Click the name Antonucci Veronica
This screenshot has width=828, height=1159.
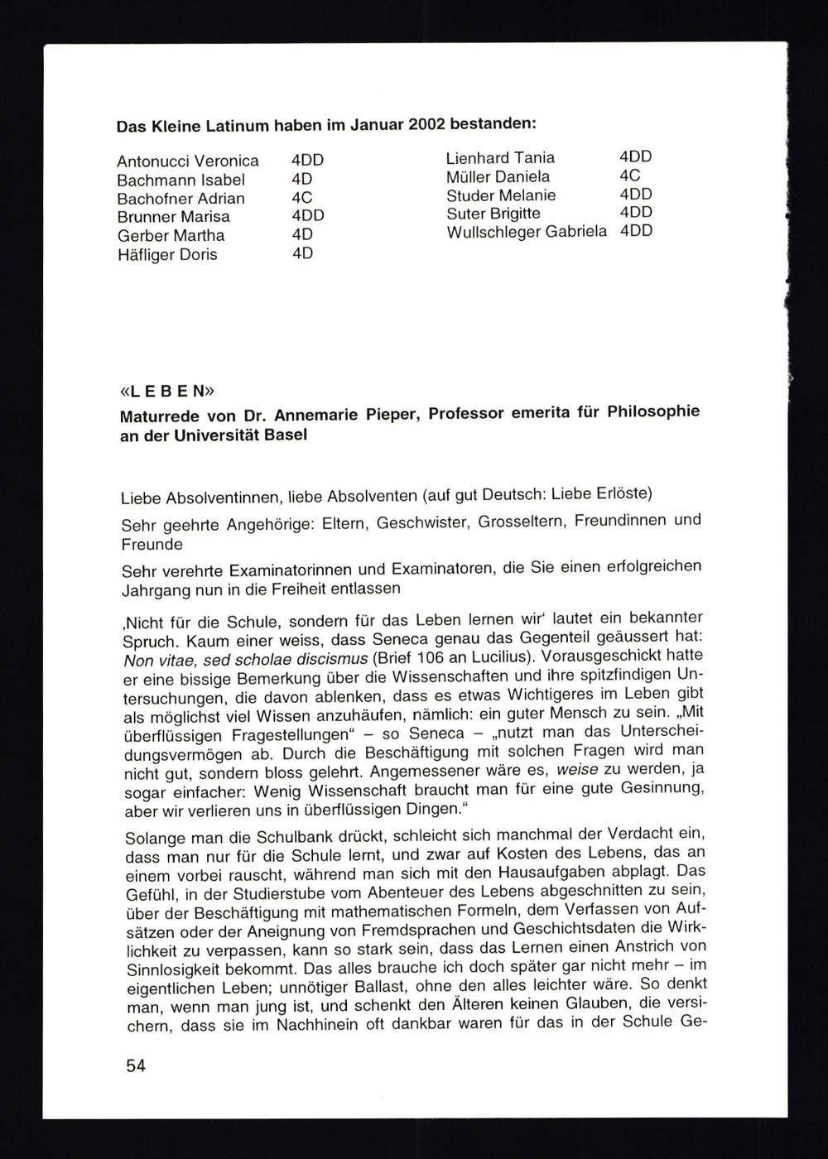(x=188, y=161)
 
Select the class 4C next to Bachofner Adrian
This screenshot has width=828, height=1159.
(x=302, y=199)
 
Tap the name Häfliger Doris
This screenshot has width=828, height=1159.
(x=167, y=255)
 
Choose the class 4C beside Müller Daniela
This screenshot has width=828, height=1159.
(x=630, y=176)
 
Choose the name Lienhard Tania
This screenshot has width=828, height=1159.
(x=501, y=158)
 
